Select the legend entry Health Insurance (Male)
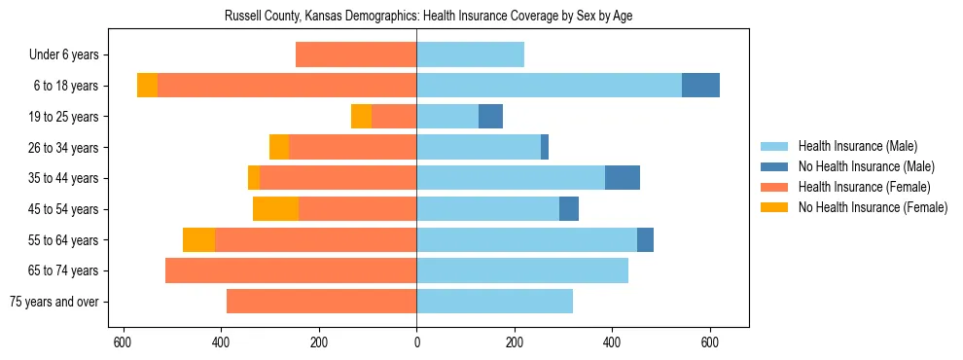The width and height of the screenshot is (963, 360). tap(857, 146)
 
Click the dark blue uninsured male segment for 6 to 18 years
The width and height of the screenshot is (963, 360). tap(700, 86)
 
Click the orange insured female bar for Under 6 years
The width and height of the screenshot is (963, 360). tap(356, 54)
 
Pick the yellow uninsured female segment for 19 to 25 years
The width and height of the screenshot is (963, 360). tap(361, 117)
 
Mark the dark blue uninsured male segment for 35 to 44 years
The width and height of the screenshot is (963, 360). tap(623, 178)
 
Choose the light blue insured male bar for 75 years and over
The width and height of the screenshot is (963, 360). tap(494, 302)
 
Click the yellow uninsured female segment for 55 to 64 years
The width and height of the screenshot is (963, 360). tap(198, 240)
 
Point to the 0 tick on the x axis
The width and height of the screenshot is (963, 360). tap(416, 342)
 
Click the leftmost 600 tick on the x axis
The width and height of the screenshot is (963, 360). tap(123, 342)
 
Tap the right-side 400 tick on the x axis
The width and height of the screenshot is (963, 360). tap(612, 342)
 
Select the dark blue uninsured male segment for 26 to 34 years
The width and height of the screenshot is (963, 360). tap(545, 147)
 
